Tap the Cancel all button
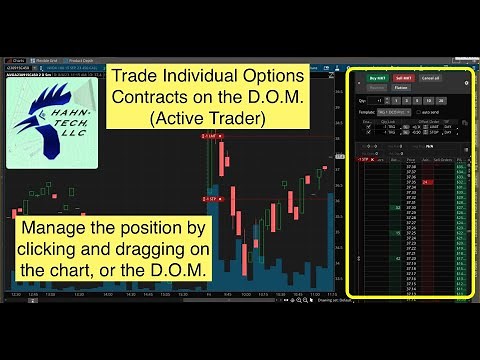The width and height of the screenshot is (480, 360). pyautogui.click(x=431, y=76)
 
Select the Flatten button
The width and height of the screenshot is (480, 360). pyautogui.click(x=401, y=88)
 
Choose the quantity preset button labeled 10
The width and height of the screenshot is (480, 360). pyautogui.click(x=428, y=101)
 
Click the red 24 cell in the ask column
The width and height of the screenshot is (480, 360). pyautogui.click(x=427, y=183)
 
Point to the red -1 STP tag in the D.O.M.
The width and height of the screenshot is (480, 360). pyautogui.click(x=363, y=158)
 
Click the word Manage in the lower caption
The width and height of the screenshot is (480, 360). pyautogui.click(x=56, y=231)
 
